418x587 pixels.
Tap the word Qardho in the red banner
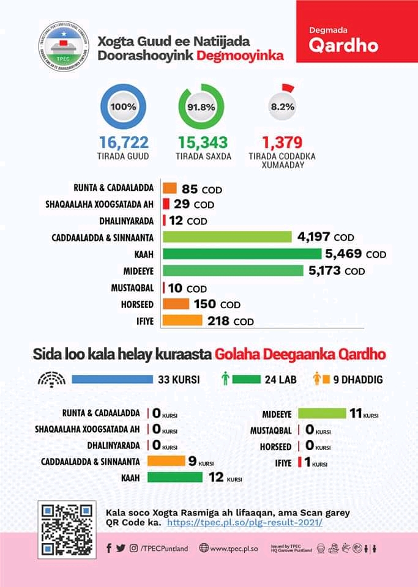coord(343,46)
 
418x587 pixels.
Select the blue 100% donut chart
coord(123,106)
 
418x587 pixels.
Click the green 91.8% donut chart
coord(201,106)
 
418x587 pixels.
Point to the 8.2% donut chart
coord(282,106)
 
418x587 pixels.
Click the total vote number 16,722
coord(124,142)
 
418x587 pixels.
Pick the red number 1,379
coord(282,142)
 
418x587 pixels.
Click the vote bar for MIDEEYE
coord(233,270)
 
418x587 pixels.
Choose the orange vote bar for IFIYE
coord(182,320)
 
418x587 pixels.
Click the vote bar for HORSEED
coord(176,304)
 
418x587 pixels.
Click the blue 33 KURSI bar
coord(112,379)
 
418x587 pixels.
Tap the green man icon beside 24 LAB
coord(225,380)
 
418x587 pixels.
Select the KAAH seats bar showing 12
coord(175,477)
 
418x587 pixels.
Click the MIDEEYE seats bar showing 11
coord(322,413)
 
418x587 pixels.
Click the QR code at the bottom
coord(67,529)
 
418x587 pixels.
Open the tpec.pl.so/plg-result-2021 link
coord(244,523)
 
